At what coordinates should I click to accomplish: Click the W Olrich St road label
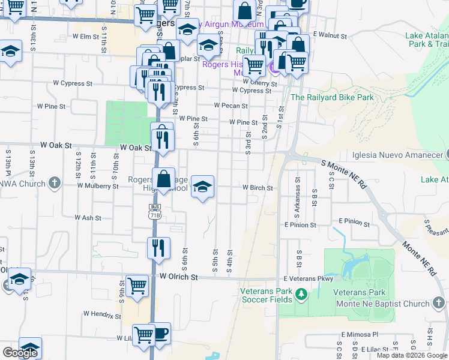[x=178, y=277]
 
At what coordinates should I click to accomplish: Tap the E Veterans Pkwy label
[x=309, y=278]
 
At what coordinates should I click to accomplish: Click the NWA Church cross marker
[x=54, y=182]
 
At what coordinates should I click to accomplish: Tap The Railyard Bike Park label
[x=332, y=97]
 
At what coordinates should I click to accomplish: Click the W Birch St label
[x=258, y=188]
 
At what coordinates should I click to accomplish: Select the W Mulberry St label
[x=98, y=186]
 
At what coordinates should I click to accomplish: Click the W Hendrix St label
[x=102, y=314]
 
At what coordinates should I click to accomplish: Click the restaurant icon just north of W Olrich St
[x=158, y=248]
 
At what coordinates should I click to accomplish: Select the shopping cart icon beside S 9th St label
[x=137, y=285]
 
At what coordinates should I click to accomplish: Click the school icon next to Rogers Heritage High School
[x=203, y=186]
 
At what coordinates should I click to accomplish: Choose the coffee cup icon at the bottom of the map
[x=160, y=333]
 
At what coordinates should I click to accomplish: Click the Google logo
[x=20, y=353]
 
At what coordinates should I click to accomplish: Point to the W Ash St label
[x=88, y=218]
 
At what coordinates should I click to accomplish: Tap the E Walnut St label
[x=330, y=35]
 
